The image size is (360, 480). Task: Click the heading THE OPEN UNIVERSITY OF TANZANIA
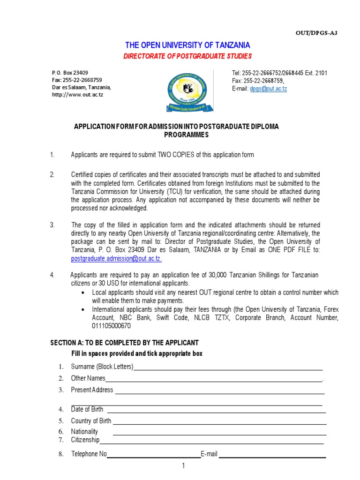pyautogui.click(x=187, y=45)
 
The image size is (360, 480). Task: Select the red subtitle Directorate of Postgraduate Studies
pyautogui.click(x=187, y=56)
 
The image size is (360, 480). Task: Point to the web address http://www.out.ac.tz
pyautogui.click(x=77, y=95)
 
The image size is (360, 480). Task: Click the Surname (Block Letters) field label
pyautogui.click(x=102, y=367)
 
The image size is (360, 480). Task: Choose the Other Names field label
pyautogui.click(x=88, y=378)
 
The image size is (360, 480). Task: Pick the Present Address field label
pyautogui.click(x=92, y=390)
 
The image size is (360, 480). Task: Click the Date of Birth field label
pyautogui.click(x=87, y=409)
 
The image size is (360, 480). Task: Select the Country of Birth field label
pyautogui.click(x=91, y=421)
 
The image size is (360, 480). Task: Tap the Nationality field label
pyautogui.click(x=84, y=431)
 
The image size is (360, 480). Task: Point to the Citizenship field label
pyautogui.click(x=85, y=440)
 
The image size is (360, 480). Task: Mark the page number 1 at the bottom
pyautogui.click(x=184, y=466)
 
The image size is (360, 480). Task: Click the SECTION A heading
pyautogui.click(x=124, y=343)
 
